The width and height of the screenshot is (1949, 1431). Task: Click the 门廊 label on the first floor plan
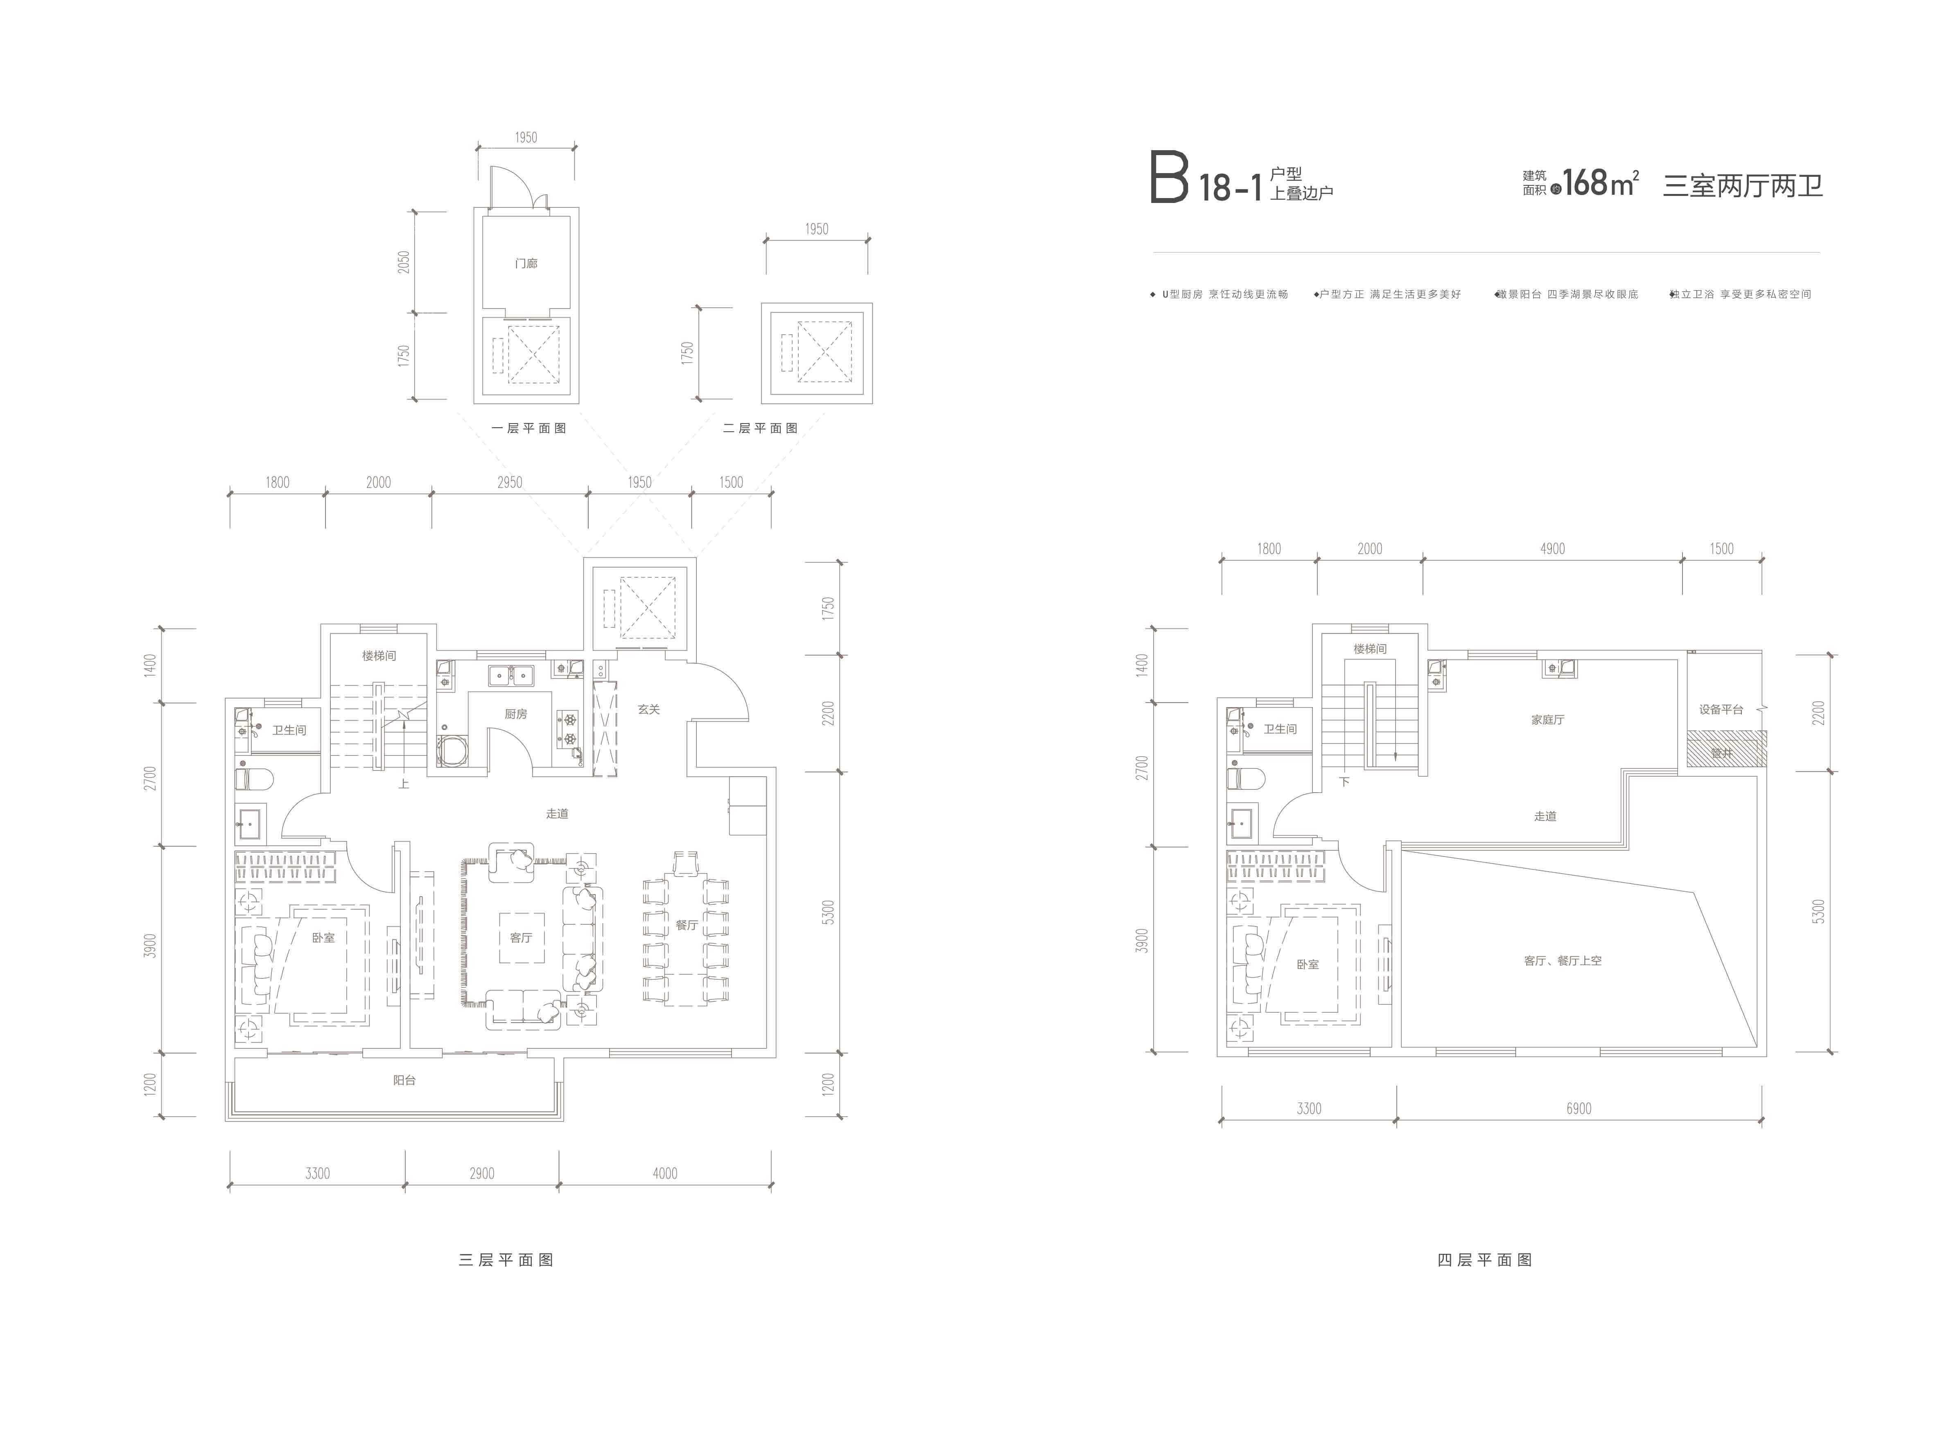(526, 264)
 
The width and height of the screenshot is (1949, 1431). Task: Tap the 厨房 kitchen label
(516, 714)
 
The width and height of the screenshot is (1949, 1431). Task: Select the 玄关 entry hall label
(648, 710)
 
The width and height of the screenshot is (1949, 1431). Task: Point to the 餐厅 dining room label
(687, 925)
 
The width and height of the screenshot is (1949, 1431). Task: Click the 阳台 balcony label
(404, 1080)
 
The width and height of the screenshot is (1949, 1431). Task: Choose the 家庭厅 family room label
(1547, 720)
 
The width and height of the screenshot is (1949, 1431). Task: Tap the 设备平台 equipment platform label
(1720, 710)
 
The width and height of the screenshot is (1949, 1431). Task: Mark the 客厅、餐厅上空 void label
(1563, 961)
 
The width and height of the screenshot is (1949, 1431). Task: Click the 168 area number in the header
(1585, 183)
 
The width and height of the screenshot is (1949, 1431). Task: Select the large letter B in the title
(1168, 178)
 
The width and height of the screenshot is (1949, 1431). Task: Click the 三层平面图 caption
(506, 1260)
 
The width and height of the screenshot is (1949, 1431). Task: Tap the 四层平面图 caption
(1484, 1260)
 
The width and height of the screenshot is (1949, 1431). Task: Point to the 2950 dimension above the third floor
(510, 482)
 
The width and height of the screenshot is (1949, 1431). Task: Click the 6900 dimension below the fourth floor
(1579, 1109)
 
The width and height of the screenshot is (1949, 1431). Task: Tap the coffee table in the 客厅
(522, 938)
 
